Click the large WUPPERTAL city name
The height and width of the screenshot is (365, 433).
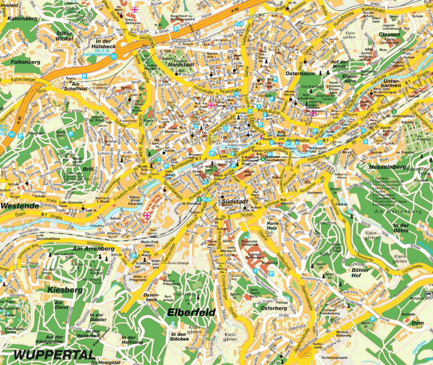pyautogui.click(x=54, y=354)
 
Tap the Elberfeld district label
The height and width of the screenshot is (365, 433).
pyautogui.click(x=191, y=312)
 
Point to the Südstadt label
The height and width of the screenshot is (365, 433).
pyautogui.click(x=234, y=202)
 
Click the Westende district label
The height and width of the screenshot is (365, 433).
pyautogui.click(x=19, y=206)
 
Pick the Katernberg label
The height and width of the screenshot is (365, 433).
pyautogui.click(x=23, y=18)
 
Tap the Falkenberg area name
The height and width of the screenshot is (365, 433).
pyautogui.click(x=25, y=61)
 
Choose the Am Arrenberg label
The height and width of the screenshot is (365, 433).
pyautogui.click(x=91, y=248)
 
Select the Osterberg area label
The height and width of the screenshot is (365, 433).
pyautogui.click(x=274, y=308)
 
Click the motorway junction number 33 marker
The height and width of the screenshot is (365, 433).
pyautogui.click(x=114, y=56)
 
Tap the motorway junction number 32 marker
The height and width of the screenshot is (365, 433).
pyautogui.click(x=11, y=134)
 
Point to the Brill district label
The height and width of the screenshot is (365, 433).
pyautogui.click(x=88, y=169)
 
